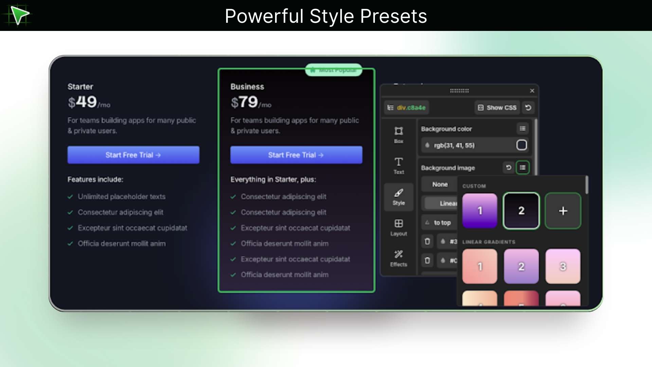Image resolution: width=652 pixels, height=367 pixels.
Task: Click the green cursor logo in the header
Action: pos(19,15)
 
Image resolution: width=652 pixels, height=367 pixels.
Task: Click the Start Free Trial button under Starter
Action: pos(133,155)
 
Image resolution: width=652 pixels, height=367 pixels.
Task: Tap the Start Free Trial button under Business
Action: pos(296,155)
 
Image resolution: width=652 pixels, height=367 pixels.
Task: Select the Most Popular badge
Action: pos(333,70)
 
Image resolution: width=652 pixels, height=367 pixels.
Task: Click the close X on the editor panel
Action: pos(532,91)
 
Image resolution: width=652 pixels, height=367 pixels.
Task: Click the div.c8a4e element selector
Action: pos(407,108)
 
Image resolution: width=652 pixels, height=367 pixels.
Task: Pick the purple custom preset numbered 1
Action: pos(479,211)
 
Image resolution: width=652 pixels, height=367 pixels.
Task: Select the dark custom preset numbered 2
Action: pos(521,211)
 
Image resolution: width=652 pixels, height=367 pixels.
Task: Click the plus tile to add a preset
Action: pos(563,211)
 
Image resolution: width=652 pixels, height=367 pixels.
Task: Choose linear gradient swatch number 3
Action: pos(563,266)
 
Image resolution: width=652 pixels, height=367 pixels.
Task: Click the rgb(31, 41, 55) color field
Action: pos(469,145)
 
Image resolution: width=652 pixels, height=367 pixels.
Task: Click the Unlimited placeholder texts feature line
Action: pos(122,197)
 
